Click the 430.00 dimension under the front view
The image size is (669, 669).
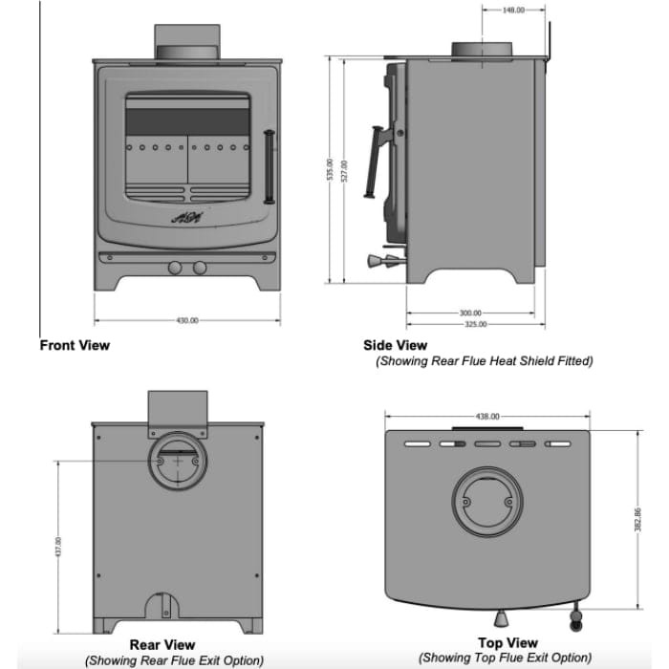tap(186, 320)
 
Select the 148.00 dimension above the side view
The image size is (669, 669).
tap(513, 11)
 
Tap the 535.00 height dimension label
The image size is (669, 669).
tap(330, 170)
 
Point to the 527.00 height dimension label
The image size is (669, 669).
tap(344, 170)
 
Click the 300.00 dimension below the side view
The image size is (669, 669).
tap(470, 313)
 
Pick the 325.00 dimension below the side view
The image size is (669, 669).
tap(475, 324)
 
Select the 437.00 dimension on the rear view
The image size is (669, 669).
tap(58, 547)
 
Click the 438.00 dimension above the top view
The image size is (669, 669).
tap(487, 417)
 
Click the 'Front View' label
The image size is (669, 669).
tap(75, 345)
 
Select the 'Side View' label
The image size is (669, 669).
tap(395, 345)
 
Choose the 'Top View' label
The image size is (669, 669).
tap(507, 643)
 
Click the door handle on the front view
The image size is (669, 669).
tap(270, 166)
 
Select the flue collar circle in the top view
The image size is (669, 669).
tap(487, 503)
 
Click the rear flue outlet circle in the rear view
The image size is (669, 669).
tap(176, 462)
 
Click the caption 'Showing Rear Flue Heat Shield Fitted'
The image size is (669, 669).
tap(484, 361)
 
